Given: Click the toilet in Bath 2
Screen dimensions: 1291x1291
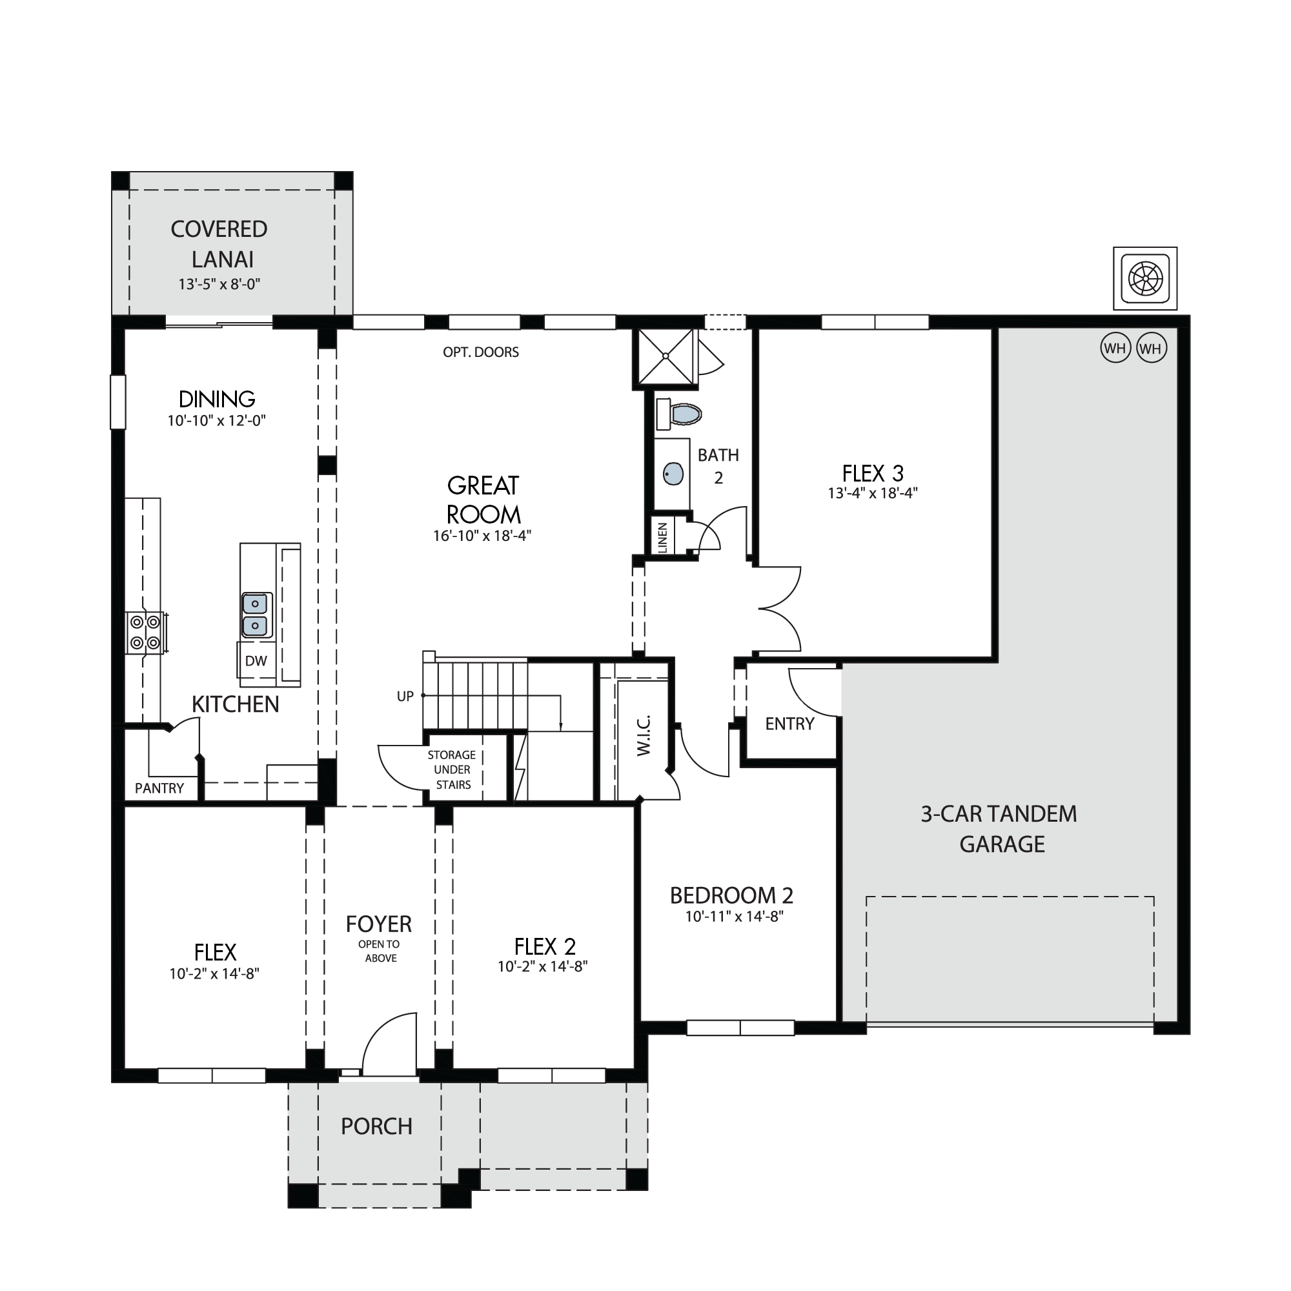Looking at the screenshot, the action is point(678,414).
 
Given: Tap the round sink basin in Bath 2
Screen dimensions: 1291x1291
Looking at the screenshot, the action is point(673,474).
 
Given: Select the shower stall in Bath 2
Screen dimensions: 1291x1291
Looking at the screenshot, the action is point(666,357).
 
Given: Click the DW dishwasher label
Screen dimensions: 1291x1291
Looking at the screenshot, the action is point(256,661).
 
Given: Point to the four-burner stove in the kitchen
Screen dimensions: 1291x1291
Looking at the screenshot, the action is point(145,632).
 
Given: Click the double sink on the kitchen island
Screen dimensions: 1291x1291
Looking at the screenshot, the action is point(256,614).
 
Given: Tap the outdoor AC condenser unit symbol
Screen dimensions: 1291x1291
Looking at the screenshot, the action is point(1145,279).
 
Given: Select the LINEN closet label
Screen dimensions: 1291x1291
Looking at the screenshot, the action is point(663,537).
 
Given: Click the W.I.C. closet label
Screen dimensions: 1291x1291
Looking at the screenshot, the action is point(644,736).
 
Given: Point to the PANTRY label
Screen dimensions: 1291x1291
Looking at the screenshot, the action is point(159,789).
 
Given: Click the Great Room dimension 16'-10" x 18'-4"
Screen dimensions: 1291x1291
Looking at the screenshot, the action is point(482,535).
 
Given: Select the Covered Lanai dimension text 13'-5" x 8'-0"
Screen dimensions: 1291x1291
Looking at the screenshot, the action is point(219,284).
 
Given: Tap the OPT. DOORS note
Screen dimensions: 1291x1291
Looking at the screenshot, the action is point(481,352).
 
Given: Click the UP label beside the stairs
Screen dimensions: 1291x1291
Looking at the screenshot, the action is point(405,696).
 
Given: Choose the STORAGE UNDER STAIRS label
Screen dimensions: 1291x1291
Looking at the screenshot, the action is point(452,770).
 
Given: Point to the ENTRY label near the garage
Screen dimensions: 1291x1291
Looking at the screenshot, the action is point(790,724).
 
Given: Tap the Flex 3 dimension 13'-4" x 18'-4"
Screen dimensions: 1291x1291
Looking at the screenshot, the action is point(873,493).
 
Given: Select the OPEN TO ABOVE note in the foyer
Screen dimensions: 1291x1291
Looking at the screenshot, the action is point(380,951).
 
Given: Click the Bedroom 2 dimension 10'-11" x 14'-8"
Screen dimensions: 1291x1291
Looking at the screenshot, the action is point(734,916).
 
